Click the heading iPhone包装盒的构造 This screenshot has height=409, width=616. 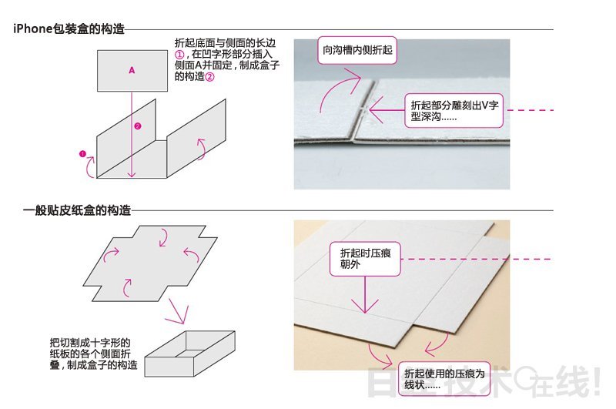(x=69, y=28)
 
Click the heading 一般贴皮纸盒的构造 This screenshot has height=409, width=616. (x=77, y=210)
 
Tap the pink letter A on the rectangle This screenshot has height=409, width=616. (x=132, y=70)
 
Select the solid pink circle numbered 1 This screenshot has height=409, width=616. (x=82, y=153)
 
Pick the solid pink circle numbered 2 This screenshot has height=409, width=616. (x=138, y=126)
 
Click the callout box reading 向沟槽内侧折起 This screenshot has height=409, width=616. (x=357, y=50)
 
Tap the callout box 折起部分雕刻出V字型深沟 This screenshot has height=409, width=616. (x=454, y=110)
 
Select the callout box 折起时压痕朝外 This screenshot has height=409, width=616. (x=365, y=259)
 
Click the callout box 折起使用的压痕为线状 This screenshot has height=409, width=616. (x=444, y=379)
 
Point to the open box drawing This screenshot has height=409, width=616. (x=189, y=354)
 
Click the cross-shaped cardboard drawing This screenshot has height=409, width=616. (x=150, y=263)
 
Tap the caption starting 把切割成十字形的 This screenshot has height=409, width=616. (x=93, y=354)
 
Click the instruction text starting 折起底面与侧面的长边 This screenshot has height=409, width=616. (x=226, y=59)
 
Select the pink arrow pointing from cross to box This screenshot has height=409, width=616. (x=176, y=311)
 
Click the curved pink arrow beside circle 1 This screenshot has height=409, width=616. (x=91, y=166)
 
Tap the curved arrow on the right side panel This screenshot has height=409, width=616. (x=202, y=149)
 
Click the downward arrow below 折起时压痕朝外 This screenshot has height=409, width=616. (x=365, y=295)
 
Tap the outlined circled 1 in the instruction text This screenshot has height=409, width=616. (x=179, y=54)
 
